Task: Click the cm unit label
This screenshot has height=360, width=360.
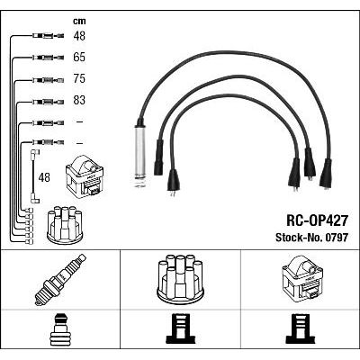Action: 79,21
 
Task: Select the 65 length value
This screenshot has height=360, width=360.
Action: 79,57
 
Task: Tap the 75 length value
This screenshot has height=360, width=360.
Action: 79,78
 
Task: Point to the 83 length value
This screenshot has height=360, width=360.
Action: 79,100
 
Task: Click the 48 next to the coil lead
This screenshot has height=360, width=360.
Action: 44,177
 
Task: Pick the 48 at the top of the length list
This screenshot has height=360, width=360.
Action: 79,36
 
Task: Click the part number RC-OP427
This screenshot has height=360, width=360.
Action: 318,221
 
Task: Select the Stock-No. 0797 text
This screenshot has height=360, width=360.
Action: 312,238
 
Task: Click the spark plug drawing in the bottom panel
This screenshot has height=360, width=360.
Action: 60,280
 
